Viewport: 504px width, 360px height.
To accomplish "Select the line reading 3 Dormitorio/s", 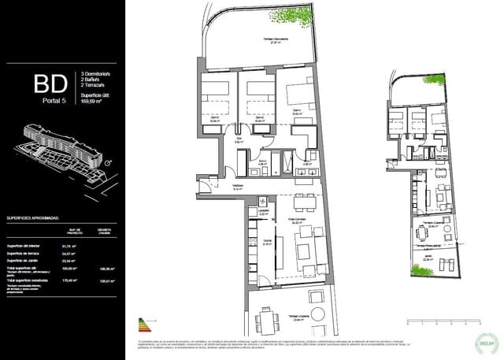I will tap(95, 74).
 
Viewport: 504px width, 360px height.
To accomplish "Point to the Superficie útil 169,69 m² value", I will tap(96, 102).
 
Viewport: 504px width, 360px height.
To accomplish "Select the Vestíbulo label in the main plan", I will tap(237, 187).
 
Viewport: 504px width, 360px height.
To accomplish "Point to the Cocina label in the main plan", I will tap(267, 242).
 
